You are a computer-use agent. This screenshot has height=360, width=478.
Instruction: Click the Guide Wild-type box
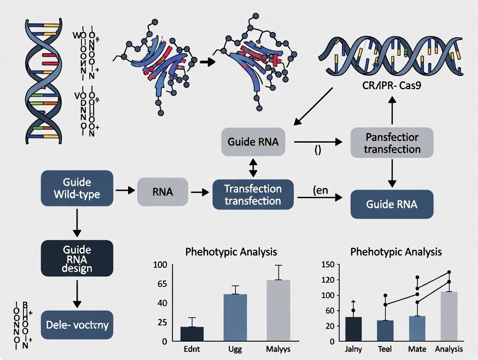(x=77, y=188)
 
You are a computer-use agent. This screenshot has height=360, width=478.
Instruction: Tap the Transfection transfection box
(x=253, y=195)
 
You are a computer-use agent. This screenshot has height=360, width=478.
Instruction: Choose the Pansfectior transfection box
(x=392, y=143)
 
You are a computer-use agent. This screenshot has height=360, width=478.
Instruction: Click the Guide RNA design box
(x=77, y=259)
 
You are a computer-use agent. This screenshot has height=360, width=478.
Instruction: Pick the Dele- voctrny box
(x=77, y=324)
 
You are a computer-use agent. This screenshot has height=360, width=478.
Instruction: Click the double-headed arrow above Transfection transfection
(x=253, y=167)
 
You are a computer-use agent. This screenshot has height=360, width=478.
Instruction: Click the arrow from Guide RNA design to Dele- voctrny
(x=77, y=294)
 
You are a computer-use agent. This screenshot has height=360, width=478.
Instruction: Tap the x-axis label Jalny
(x=354, y=349)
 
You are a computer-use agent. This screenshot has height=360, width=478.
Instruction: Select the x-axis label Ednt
(x=192, y=349)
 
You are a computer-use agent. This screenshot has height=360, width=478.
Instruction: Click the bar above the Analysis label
(x=449, y=316)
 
